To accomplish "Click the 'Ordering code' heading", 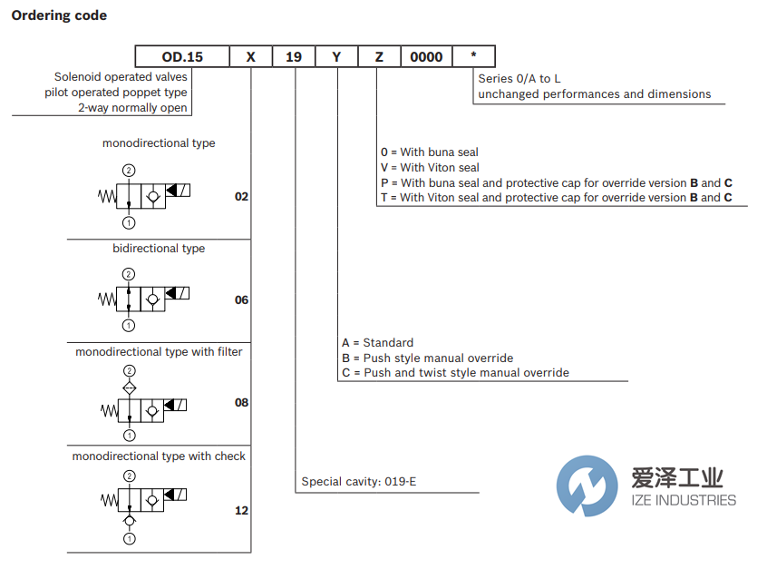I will click(59, 15).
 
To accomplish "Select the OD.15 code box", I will click(182, 56).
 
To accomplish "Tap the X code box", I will click(251, 56).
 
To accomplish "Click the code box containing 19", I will click(294, 56).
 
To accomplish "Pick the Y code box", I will click(336, 56).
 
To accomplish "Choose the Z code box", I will click(379, 56).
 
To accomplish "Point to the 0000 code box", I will click(426, 56).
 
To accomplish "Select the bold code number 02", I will click(241, 196).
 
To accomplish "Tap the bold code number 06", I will click(241, 299).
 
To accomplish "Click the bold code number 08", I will click(241, 402).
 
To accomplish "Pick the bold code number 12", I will click(241, 510).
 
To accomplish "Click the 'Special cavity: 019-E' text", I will click(359, 482).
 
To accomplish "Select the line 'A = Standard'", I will click(377, 342).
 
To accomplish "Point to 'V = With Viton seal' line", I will click(430, 167).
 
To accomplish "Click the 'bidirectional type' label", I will click(159, 248).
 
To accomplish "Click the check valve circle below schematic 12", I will click(129, 521).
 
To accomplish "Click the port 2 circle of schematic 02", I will click(129, 170).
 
